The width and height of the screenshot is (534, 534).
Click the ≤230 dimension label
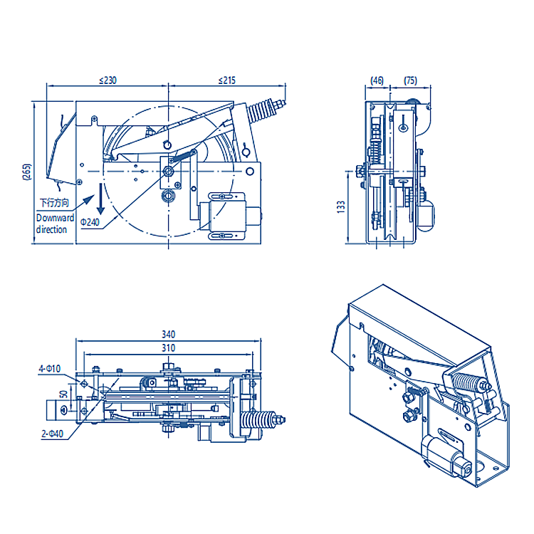(x=108, y=80)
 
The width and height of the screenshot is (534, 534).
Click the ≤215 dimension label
(x=227, y=80)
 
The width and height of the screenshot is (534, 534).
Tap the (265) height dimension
(x=27, y=172)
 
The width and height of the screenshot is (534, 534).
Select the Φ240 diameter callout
(x=90, y=222)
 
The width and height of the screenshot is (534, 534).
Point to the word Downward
(x=55, y=218)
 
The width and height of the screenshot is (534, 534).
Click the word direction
(x=51, y=229)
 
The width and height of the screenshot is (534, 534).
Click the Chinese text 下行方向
(x=55, y=203)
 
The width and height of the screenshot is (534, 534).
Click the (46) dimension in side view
(x=377, y=80)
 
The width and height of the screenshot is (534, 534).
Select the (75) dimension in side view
(x=410, y=80)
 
